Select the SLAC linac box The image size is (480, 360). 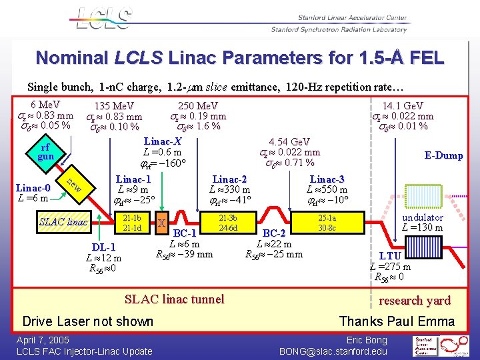(x=63, y=221)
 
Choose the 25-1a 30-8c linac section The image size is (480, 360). (x=327, y=223)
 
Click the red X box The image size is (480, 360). (x=162, y=223)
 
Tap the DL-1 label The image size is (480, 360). (x=103, y=248)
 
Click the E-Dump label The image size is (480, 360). (x=443, y=155)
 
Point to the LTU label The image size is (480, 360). (x=390, y=256)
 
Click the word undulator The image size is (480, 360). (x=423, y=218)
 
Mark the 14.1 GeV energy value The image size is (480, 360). (x=402, y=106)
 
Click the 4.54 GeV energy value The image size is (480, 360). (x=289, y=142)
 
